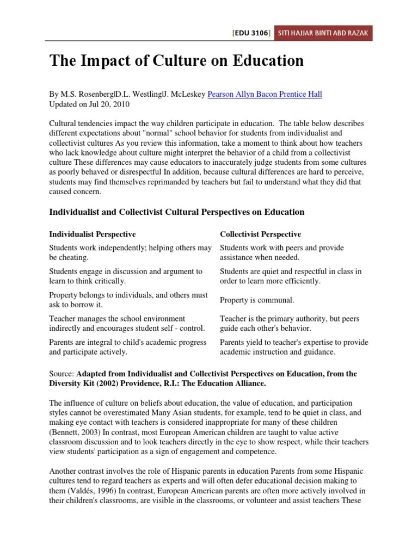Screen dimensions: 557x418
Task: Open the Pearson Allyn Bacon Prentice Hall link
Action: [x=265, y=94]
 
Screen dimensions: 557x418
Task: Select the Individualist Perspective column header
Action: [x=93, y=234]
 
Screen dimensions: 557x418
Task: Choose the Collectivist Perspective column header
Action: [x=260, y=234]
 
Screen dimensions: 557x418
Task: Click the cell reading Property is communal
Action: [x=257, y=300]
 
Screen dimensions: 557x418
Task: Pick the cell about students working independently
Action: [x=130, y=252]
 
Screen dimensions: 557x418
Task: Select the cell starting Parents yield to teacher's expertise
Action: [x=294, y=347]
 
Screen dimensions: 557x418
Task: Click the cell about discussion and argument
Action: [x=126, y=276]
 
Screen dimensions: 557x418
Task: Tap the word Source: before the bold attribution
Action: [x=62, y=374]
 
